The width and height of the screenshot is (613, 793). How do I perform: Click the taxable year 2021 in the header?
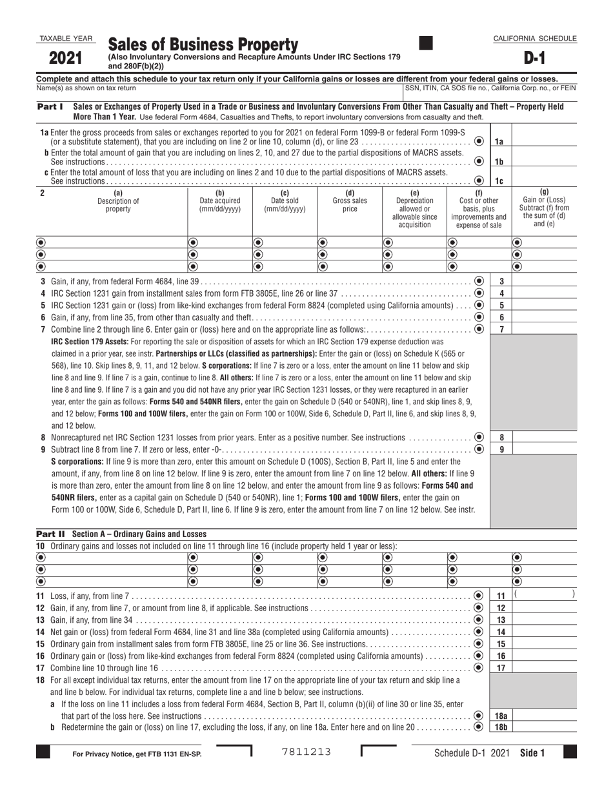(x=66, y=59)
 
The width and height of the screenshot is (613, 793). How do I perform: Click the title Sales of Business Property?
(x=203, y=44)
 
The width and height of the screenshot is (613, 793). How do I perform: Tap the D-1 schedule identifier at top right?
(x=534, y=59)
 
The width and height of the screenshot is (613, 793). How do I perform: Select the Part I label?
(x=50, y=106)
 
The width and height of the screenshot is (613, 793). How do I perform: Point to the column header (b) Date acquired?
(x=219, y=201)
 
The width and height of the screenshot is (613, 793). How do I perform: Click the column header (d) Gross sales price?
(x=350, y=201)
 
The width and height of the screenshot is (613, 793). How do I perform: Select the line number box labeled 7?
(x=501, y=329)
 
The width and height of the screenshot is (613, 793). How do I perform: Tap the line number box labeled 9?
(x=501, y=449)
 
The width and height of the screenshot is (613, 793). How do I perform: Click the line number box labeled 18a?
(x=501, y=716)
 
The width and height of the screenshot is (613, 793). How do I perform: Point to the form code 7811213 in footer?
(x=307, y=752)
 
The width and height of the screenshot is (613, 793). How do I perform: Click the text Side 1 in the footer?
(x=532, y=752)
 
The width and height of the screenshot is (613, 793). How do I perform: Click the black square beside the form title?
(x=426, y=43)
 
